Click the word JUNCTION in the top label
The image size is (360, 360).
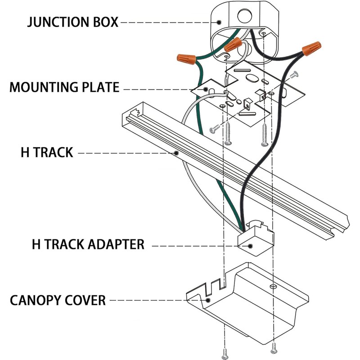coord(58,22)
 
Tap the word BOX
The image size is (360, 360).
coord(105,22)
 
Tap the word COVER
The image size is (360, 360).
coord(85,300)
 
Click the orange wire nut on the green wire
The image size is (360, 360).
coord(186,59)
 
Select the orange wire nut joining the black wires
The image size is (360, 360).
coord(311,48)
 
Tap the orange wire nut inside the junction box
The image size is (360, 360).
coord(233,45)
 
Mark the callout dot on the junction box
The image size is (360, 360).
coord(219,22)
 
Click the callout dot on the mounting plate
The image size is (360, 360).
coord(206,89)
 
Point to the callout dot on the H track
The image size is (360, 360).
coord(176,153)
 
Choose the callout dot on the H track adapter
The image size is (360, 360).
coord(250,246)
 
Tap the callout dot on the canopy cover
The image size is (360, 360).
coord(208,300)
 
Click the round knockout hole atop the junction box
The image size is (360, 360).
coord(245,16)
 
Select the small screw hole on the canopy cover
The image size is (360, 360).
coord(273,286)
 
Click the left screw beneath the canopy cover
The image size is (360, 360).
coord(225,354)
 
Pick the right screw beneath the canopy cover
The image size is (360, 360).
coord(274,348)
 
